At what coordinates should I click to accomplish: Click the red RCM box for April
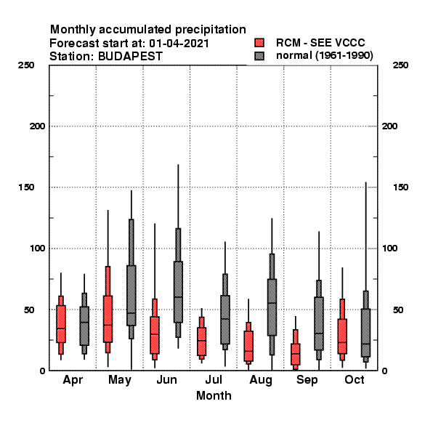click(x=61, y=324)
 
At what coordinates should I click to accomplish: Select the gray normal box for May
click(x=131, y=295)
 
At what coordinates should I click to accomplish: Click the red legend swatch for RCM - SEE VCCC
click(x=259, y=43)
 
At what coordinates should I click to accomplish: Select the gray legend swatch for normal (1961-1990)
click(x=259, y=56)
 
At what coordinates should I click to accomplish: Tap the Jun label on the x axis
click(x=166, y=380)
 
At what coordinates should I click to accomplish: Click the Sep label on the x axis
click(x=307, y=380)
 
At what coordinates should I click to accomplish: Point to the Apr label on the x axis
click(x=73, y=380)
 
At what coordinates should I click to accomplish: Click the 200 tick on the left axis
click(x=37, y=126)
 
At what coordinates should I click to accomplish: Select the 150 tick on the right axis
click(x=400, y=187)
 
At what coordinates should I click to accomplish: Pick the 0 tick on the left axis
click(x=42, y=371)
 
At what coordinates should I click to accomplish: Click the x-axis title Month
click(x=214, y=396)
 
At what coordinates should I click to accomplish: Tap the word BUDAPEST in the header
click(x=130, y=56)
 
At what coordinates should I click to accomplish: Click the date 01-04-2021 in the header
click(x=179, y=44)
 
